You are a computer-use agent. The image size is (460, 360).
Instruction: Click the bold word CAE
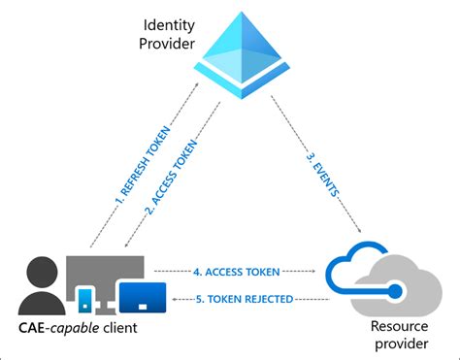tap(30, 328)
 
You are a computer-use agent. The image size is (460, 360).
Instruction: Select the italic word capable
tap(77, 328)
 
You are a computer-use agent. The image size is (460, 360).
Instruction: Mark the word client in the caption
tap(121, 328)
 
